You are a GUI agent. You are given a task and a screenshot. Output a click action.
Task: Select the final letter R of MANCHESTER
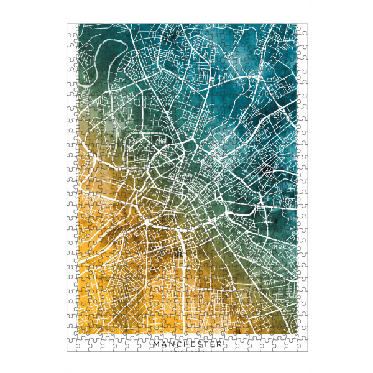tap(219, 344)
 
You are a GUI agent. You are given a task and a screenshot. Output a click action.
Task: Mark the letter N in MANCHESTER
tap(168, 344)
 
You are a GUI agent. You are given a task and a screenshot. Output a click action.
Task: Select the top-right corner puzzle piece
tap(303, 28)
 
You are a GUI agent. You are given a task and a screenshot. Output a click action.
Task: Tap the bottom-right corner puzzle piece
tap(303, 347)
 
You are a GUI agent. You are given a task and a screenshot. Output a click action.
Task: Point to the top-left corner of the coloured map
tap(77, 24)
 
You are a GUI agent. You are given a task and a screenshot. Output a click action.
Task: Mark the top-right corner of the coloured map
tap(297, 24)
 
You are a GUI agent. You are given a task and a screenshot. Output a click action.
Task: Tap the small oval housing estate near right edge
tap(288, 202)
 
